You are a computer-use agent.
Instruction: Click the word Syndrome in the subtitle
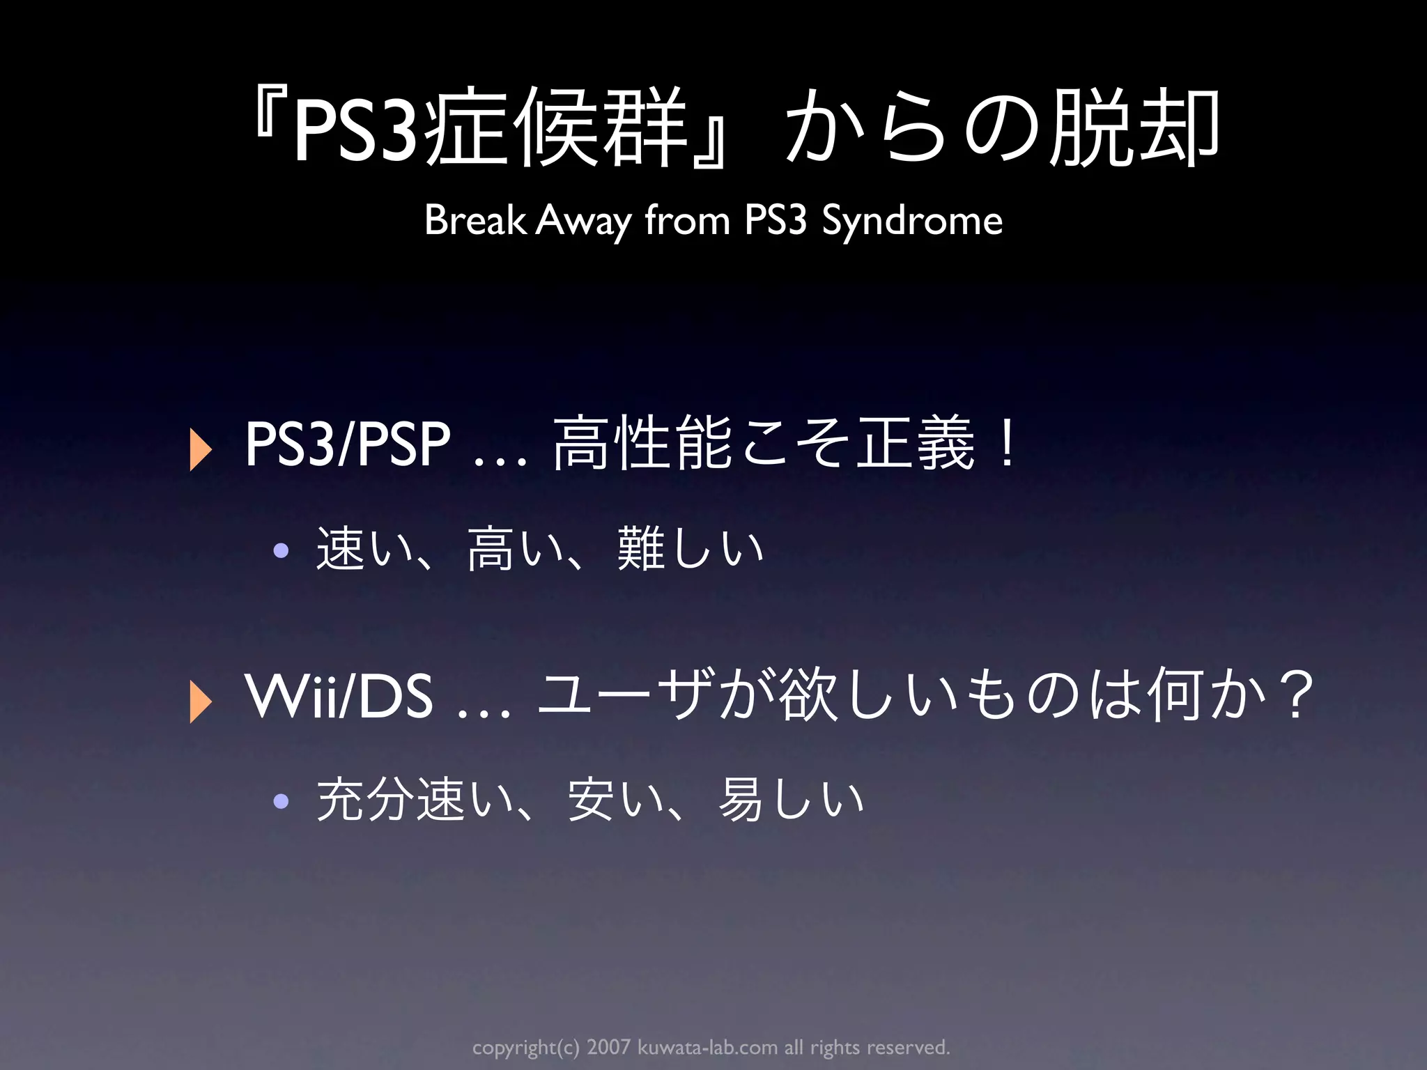pyautogui.click(x=912, y=222)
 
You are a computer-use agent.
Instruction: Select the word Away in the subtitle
pyautogui.click(x=583, y=222)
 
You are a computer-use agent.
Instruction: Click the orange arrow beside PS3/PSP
pyautogui.click(x=201, y=450)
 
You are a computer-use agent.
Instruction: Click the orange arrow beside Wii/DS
pyautogui.click(x=201, y=701)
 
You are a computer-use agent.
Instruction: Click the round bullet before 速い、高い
pyautogui.click(x=281, y=551)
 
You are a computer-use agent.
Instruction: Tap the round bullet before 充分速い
pyautogui.click(x=281, y=802)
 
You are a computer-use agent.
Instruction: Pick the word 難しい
pyautogui.click(x=691, y=550)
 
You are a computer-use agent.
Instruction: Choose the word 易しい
pyautogui.click(x=791, y=800)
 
